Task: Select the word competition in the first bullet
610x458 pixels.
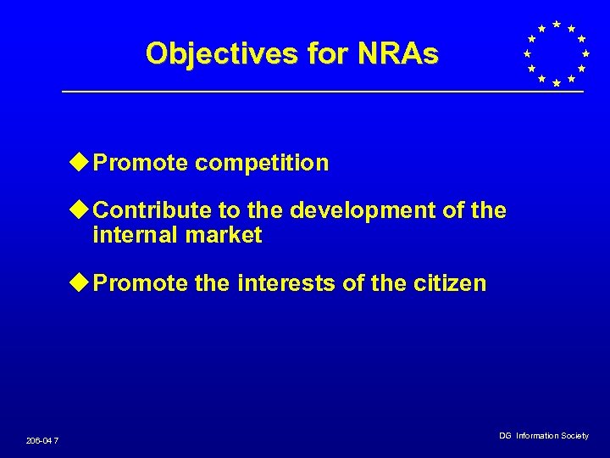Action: click(x=262, y=163)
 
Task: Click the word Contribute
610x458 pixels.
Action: click(x=155, y=210)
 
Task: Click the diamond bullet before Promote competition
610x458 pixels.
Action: click(x=80, y=162)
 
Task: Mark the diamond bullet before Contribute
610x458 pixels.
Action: click(x=80, y=209)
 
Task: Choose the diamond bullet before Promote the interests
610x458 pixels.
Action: click(x=80, y=282)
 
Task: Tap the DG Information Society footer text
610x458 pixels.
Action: click(x=543, y=436)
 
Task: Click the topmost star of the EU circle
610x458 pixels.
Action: click(x=556, y=24)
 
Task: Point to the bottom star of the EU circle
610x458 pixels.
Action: click(x=556, y=83)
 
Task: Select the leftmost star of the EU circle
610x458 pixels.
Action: click(x=526, y=53)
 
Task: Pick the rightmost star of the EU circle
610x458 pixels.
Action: click(x=585, y=53)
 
